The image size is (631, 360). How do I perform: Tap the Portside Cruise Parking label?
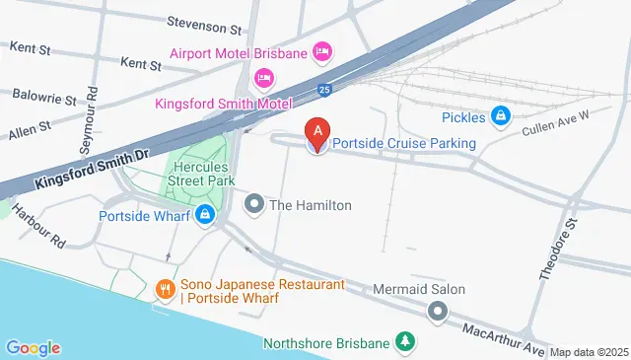pos(403,144)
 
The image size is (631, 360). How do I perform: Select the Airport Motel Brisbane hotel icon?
pos(321,51)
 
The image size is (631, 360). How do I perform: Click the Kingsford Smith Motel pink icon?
pos(263,77)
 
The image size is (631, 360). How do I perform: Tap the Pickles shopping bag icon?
pos(501,116)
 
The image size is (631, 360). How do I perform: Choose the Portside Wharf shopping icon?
pos(204,215)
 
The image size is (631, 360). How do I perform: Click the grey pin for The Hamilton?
pos(254,205)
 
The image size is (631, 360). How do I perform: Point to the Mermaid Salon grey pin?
pos(437,313)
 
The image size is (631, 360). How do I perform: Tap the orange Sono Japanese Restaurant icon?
pos(165,291)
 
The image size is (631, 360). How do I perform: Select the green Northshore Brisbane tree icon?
pos(403,343)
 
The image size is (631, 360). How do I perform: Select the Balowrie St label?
pos(44,98)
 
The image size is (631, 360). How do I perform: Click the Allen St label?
pos(31,128)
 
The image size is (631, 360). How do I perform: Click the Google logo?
pos(33,347)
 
